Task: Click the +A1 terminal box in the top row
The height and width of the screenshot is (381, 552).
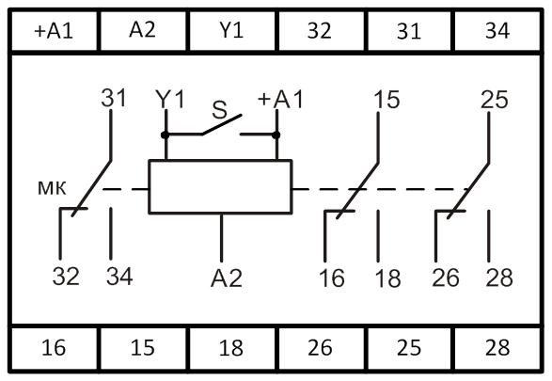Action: (55, 31)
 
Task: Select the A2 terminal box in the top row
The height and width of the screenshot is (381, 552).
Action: (143, 31)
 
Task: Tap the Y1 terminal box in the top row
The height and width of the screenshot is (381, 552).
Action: (232, 31)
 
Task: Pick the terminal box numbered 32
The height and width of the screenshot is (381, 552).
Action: (321, 31)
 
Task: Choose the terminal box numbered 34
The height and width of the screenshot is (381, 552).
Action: (497, 31)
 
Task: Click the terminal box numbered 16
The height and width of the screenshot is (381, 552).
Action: (55, 349)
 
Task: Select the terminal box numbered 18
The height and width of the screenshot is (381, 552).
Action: (232, 349)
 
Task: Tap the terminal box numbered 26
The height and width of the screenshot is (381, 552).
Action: (321, 349)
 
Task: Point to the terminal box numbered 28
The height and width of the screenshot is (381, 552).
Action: (497, 349)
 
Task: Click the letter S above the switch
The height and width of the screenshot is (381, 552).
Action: (220, 110)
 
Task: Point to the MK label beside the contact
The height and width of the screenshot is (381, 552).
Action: (52, 188)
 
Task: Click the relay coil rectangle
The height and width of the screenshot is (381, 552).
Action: (220, 186)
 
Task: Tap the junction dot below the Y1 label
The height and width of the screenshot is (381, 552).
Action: (166, 135)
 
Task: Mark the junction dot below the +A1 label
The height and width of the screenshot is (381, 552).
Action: (276, 135)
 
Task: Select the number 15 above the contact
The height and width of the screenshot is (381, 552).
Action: (386, 100)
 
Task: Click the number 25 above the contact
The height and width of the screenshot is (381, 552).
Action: (495, 100)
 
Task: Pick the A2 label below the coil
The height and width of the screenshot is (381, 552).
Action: (227, 278)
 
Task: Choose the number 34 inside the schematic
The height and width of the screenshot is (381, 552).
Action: (119, 277)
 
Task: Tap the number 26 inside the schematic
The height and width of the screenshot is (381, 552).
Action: (446, 278)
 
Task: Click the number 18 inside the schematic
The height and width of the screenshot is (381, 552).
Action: (388, 278)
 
